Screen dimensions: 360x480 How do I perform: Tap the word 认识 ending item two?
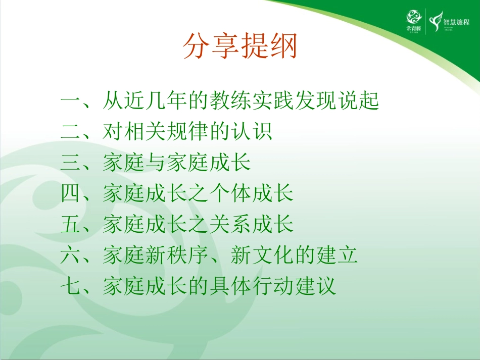[x=251, y=132]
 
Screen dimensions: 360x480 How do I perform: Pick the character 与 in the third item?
[x=156, y=163]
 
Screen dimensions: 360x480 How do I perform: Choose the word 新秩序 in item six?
[x=177, y=255]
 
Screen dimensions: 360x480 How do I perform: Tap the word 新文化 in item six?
[x=262, y=255]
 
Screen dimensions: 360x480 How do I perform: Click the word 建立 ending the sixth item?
[x=336, y=255]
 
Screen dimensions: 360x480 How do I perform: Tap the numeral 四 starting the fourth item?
[x=71, y=194]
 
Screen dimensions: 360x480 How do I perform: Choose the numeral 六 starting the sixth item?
[x=71, y=255]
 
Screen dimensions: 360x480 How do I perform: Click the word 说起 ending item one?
[x=357, y=101]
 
